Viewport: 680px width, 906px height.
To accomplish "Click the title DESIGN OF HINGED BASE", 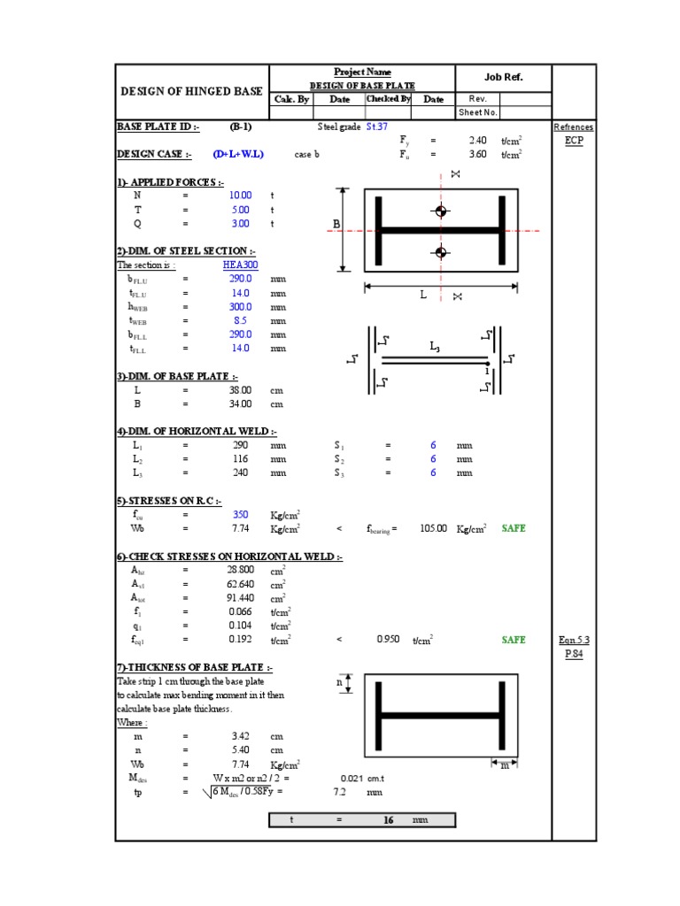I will coord(191,92).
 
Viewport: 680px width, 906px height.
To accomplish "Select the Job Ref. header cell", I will coord(504,77).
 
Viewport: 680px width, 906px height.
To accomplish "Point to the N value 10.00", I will coord(240,195).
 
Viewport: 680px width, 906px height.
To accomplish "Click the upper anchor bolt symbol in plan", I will coord(440,211).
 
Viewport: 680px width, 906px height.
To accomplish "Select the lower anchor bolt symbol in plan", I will coord(440,253).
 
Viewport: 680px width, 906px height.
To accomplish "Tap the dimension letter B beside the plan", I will coord(336,225).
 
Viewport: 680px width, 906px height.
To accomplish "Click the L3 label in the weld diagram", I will coord(435,348).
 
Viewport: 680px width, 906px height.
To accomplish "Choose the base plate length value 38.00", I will coord(240,389).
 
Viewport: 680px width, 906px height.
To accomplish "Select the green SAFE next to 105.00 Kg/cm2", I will coord(514,528).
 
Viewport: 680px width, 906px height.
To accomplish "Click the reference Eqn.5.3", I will coord(574,639).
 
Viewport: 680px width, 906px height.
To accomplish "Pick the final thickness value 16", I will coord(387,820).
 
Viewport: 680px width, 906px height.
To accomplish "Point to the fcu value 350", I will coord(240,514).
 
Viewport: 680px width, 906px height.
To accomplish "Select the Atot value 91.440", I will coord(240,597).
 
